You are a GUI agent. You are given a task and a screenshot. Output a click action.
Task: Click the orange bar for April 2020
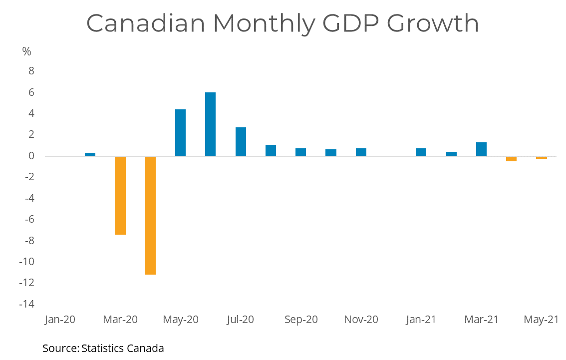(x=150, y=215)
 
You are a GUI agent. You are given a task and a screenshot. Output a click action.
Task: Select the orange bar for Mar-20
(x=120, y=195)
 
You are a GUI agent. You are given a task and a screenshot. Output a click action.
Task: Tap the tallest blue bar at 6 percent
(x=211, y=124)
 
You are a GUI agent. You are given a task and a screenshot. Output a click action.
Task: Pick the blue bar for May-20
(x=180, y=132)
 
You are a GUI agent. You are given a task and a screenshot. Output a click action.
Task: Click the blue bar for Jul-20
(x=241, y=141)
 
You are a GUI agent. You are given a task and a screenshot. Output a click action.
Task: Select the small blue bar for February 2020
(x=90, y=154)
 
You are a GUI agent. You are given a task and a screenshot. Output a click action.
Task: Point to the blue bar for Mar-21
(x=481, y=149)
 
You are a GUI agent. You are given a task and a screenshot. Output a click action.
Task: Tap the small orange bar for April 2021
(x=511, y=159)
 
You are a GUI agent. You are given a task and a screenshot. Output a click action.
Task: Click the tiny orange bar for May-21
(x=541, y=158)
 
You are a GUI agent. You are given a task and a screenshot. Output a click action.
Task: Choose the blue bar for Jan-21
(x=421, y=152)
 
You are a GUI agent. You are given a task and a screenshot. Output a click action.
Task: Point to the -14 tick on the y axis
(x=27, y=304)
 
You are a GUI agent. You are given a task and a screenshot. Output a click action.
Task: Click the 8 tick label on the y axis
(x=31, y=71)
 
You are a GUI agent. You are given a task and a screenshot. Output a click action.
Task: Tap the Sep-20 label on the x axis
(x=301, y=320)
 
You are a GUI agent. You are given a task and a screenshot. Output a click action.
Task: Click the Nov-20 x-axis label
(x=361, y=320)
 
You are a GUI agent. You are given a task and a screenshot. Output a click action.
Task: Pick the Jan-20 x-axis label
(x=60, y=320)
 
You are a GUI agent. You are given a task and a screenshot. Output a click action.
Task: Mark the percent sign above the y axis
(x=27, y=51)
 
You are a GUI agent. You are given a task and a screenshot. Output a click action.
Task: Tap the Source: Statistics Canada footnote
(x=103, y=348)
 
